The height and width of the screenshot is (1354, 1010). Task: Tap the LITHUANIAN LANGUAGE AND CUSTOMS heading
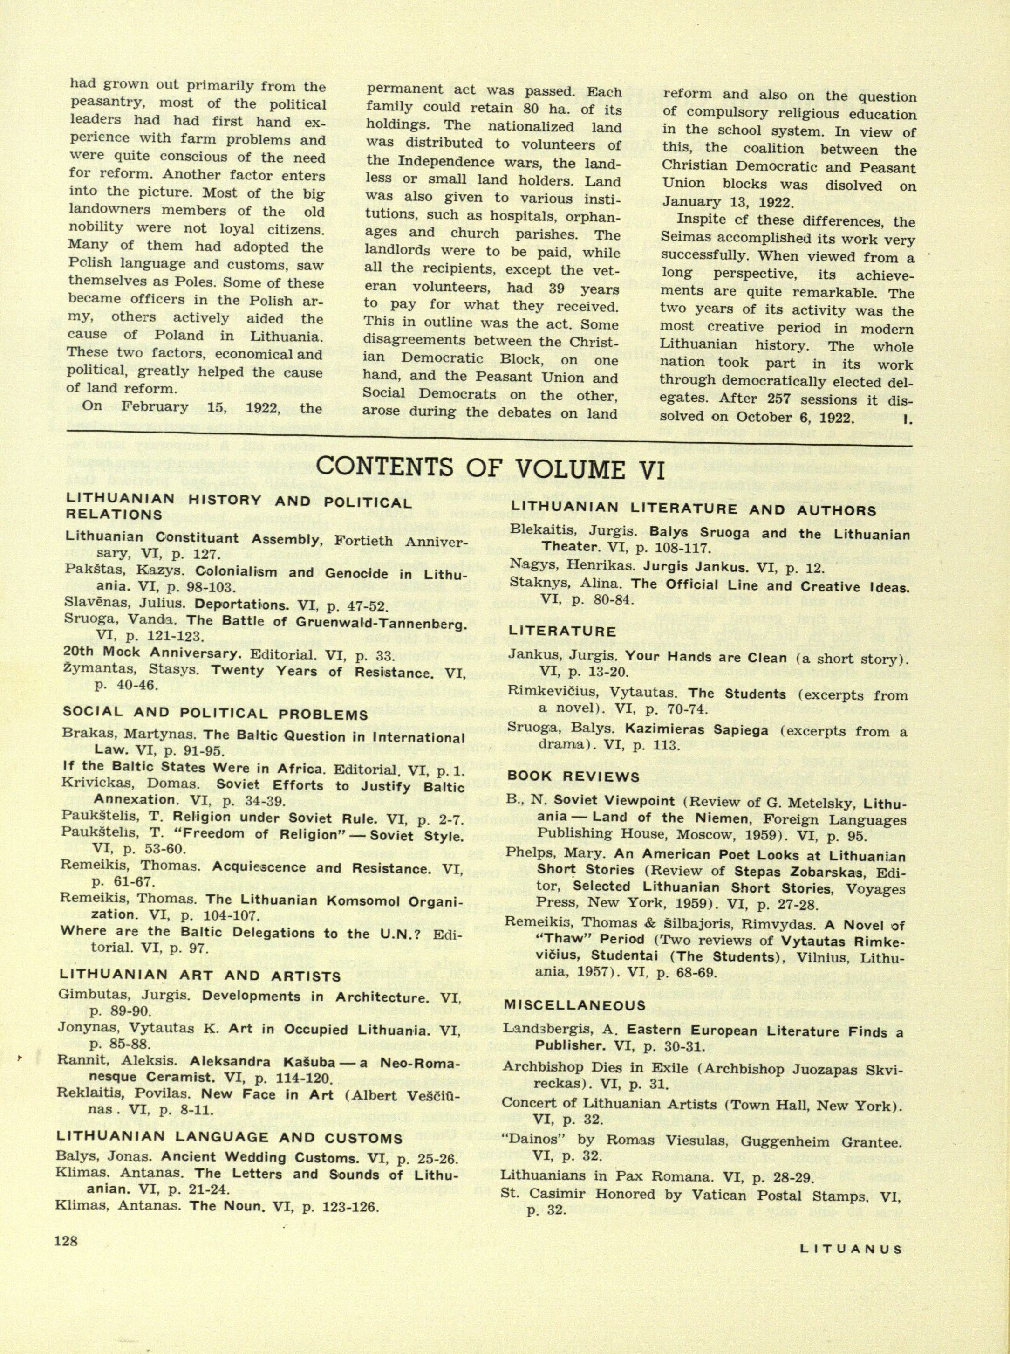tap(229, 1138)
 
